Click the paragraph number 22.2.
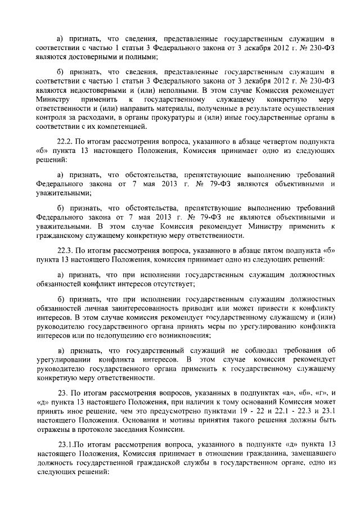[x=66, y=142]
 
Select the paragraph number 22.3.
[x=66, y=246]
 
